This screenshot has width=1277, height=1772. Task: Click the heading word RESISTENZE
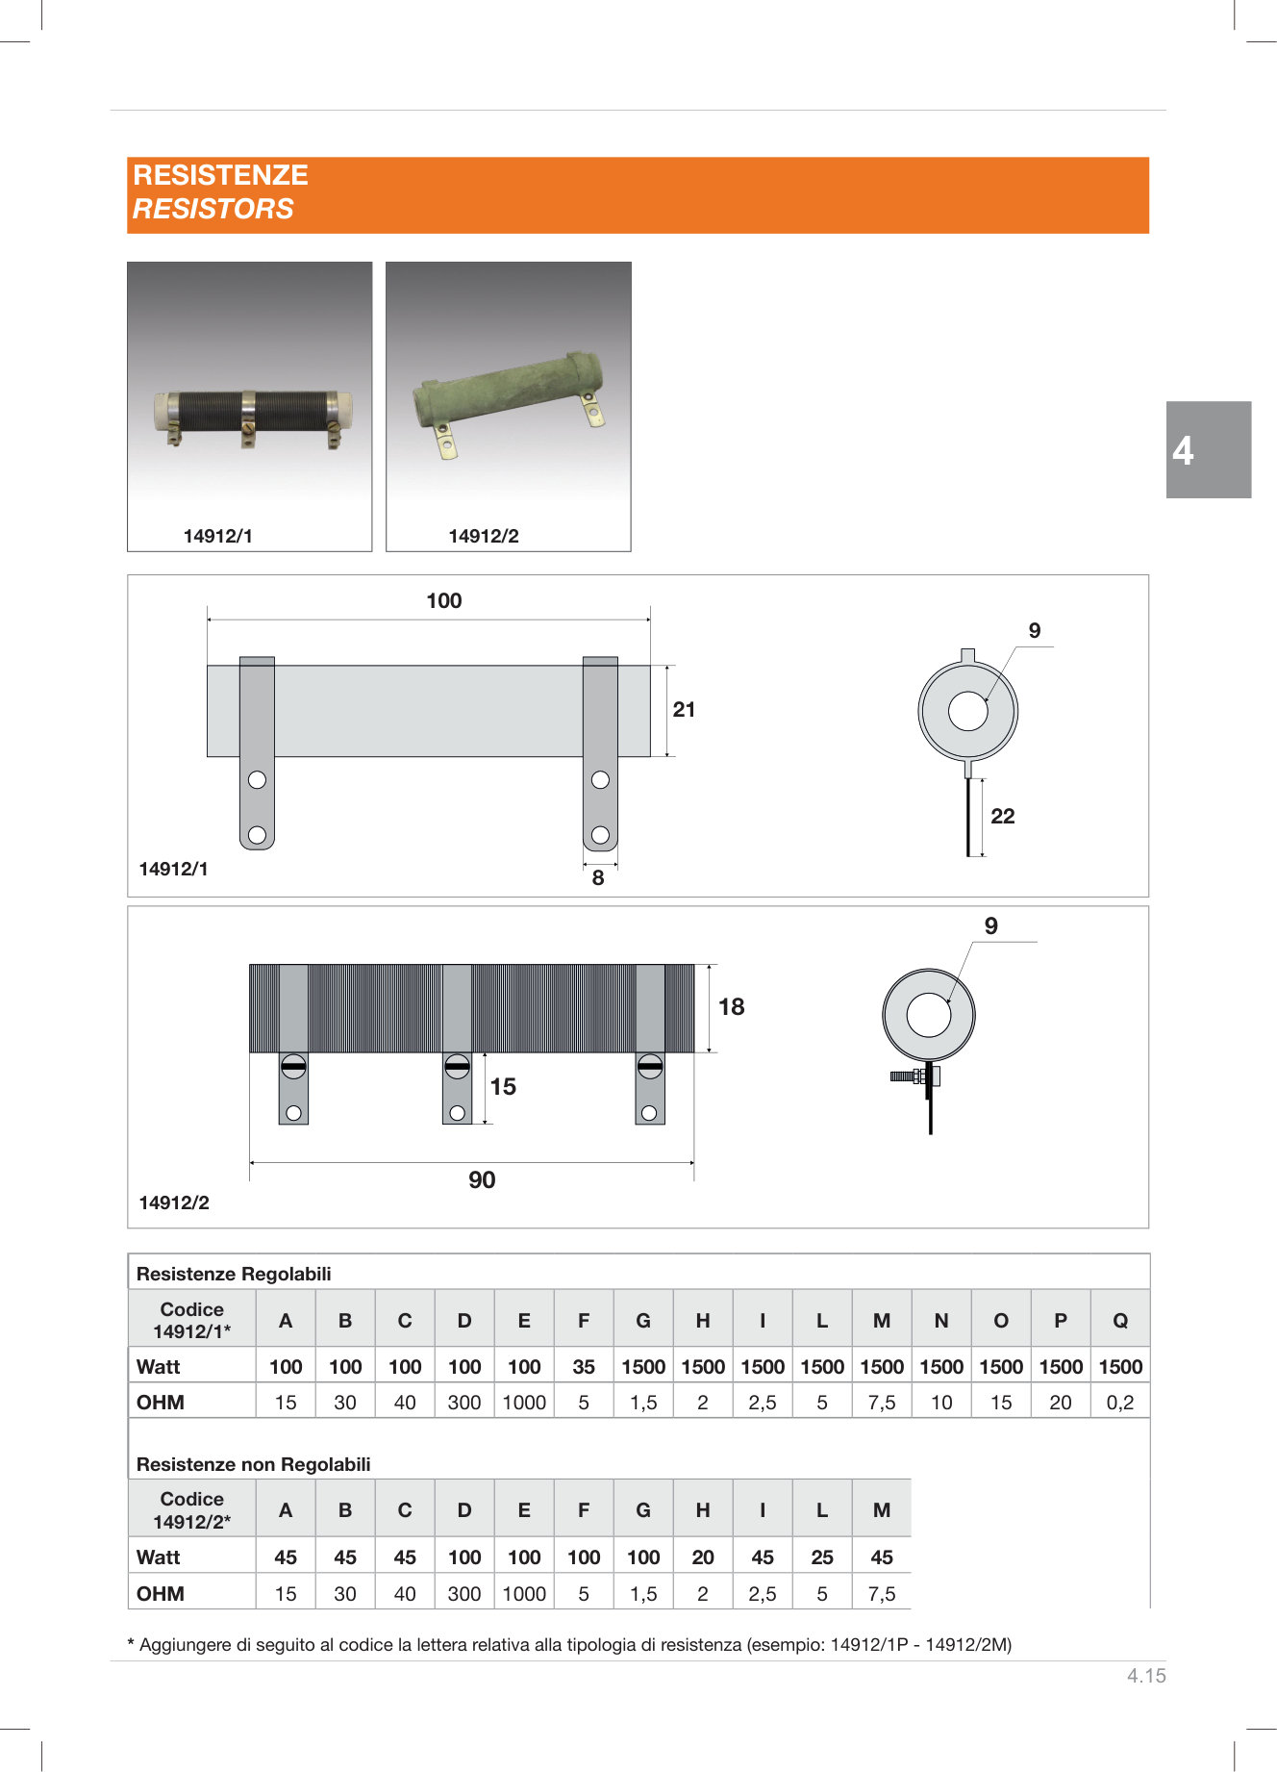pos(220,175)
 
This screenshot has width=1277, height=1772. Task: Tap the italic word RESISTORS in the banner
pos(213,209)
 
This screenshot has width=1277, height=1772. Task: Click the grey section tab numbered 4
pos(1209,449)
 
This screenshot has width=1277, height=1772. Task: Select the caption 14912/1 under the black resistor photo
pos(218,536)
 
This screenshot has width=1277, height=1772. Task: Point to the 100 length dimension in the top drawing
pos(444,601)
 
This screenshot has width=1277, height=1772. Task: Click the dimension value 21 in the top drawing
pos(684,710)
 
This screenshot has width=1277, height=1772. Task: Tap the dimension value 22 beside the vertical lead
pos(1003,816)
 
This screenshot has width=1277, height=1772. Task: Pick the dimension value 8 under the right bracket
pos(598,877)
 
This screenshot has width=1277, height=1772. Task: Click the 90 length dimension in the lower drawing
pos(482,1180)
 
